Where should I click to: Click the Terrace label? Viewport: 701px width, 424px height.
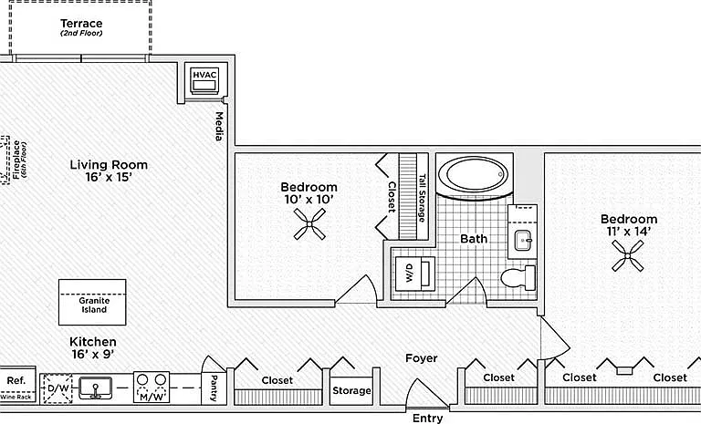(81, 23)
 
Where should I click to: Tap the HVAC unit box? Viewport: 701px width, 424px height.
(204, 81)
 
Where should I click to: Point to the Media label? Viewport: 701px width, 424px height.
(219, 127)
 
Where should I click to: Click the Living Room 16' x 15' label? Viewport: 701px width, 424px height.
(109, 171)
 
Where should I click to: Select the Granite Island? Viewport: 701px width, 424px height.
(92, 303)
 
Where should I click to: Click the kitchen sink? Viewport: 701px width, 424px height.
(95, 388)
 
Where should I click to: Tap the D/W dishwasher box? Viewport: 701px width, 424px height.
(58, 388)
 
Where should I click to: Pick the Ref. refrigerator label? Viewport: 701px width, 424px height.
(16, 380)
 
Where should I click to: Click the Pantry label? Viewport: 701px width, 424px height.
(214, 388)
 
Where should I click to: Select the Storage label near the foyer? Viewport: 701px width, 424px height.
(351, 390)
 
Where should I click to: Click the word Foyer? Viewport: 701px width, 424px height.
(422, 357)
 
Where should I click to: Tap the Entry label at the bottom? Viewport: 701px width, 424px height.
(427, 419)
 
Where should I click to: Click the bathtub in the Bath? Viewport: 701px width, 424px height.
(474, 175)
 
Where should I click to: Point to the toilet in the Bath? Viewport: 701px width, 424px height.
(518, 278)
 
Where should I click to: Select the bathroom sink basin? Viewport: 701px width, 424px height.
(522, 241)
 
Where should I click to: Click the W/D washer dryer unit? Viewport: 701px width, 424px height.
(415, 274)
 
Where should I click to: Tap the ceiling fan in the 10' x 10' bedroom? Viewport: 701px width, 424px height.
(309, 224)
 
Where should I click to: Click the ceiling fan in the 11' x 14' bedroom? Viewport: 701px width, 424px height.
(628, 255)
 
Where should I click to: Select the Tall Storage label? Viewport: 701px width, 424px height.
(422, 198)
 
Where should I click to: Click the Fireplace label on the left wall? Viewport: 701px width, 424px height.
(19, 160)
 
